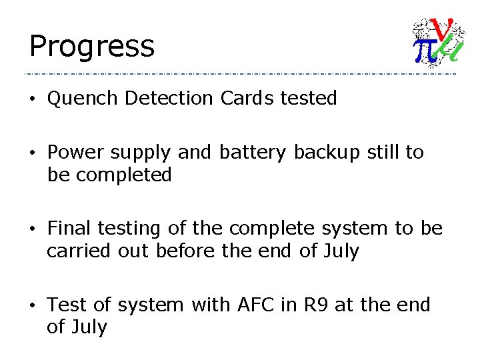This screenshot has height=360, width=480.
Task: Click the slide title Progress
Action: (91, 47)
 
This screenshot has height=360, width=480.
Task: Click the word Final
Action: (69, 229)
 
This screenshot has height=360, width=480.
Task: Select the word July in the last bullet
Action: (89, 328)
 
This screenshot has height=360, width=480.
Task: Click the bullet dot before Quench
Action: (33, 99)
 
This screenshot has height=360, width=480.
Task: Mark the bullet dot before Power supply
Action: (33, 153)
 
